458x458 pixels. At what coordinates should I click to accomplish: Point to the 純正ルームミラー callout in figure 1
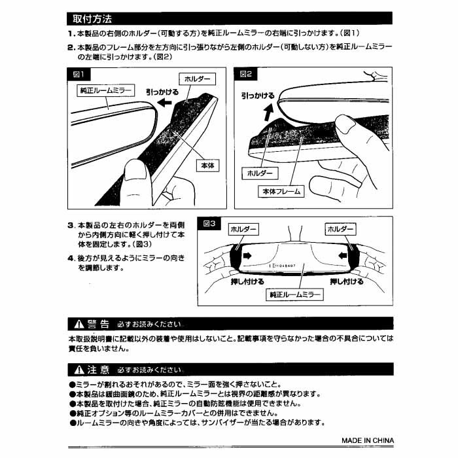pos(105,90)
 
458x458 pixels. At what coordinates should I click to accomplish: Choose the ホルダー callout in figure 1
pos(198,79)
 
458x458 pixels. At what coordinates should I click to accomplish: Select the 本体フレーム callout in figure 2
pos(281,192)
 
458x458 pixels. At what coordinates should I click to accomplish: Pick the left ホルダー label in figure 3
pos(243,230)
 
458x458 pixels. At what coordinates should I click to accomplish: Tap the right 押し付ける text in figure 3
pos(347,281)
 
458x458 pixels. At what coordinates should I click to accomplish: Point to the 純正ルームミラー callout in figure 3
pos(296,295)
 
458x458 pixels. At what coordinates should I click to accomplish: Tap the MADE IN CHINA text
pos(366,440)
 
